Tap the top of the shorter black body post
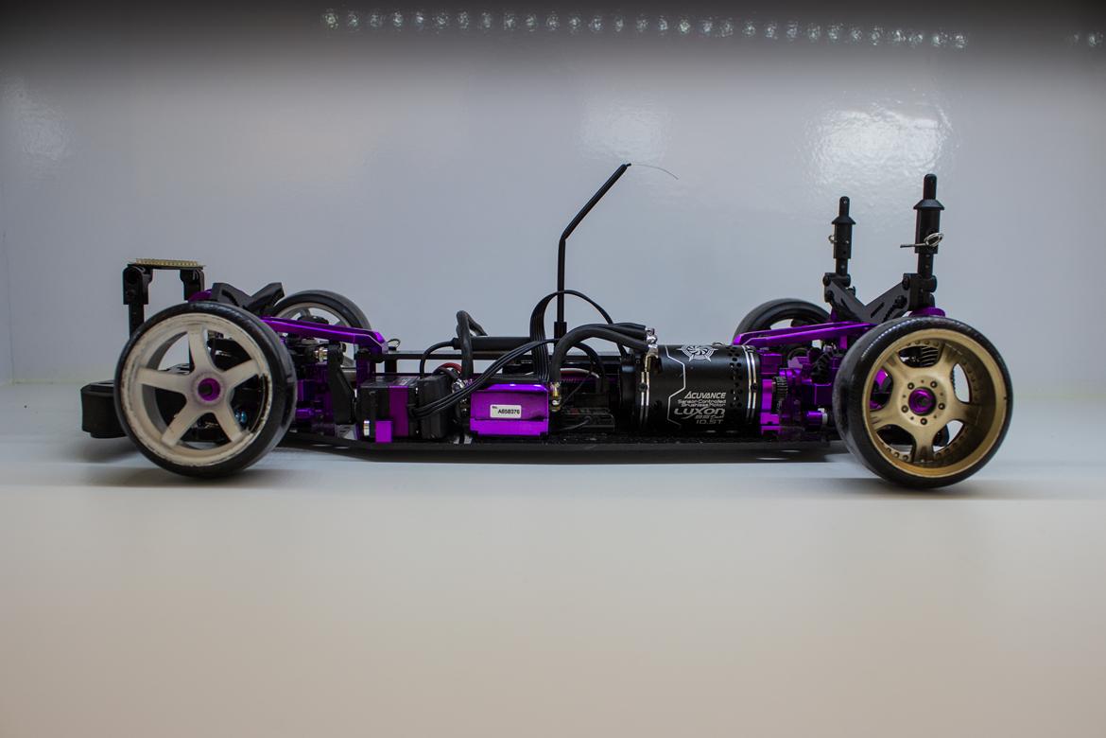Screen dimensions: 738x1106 841,203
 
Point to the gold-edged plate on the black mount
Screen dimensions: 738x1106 165,264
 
